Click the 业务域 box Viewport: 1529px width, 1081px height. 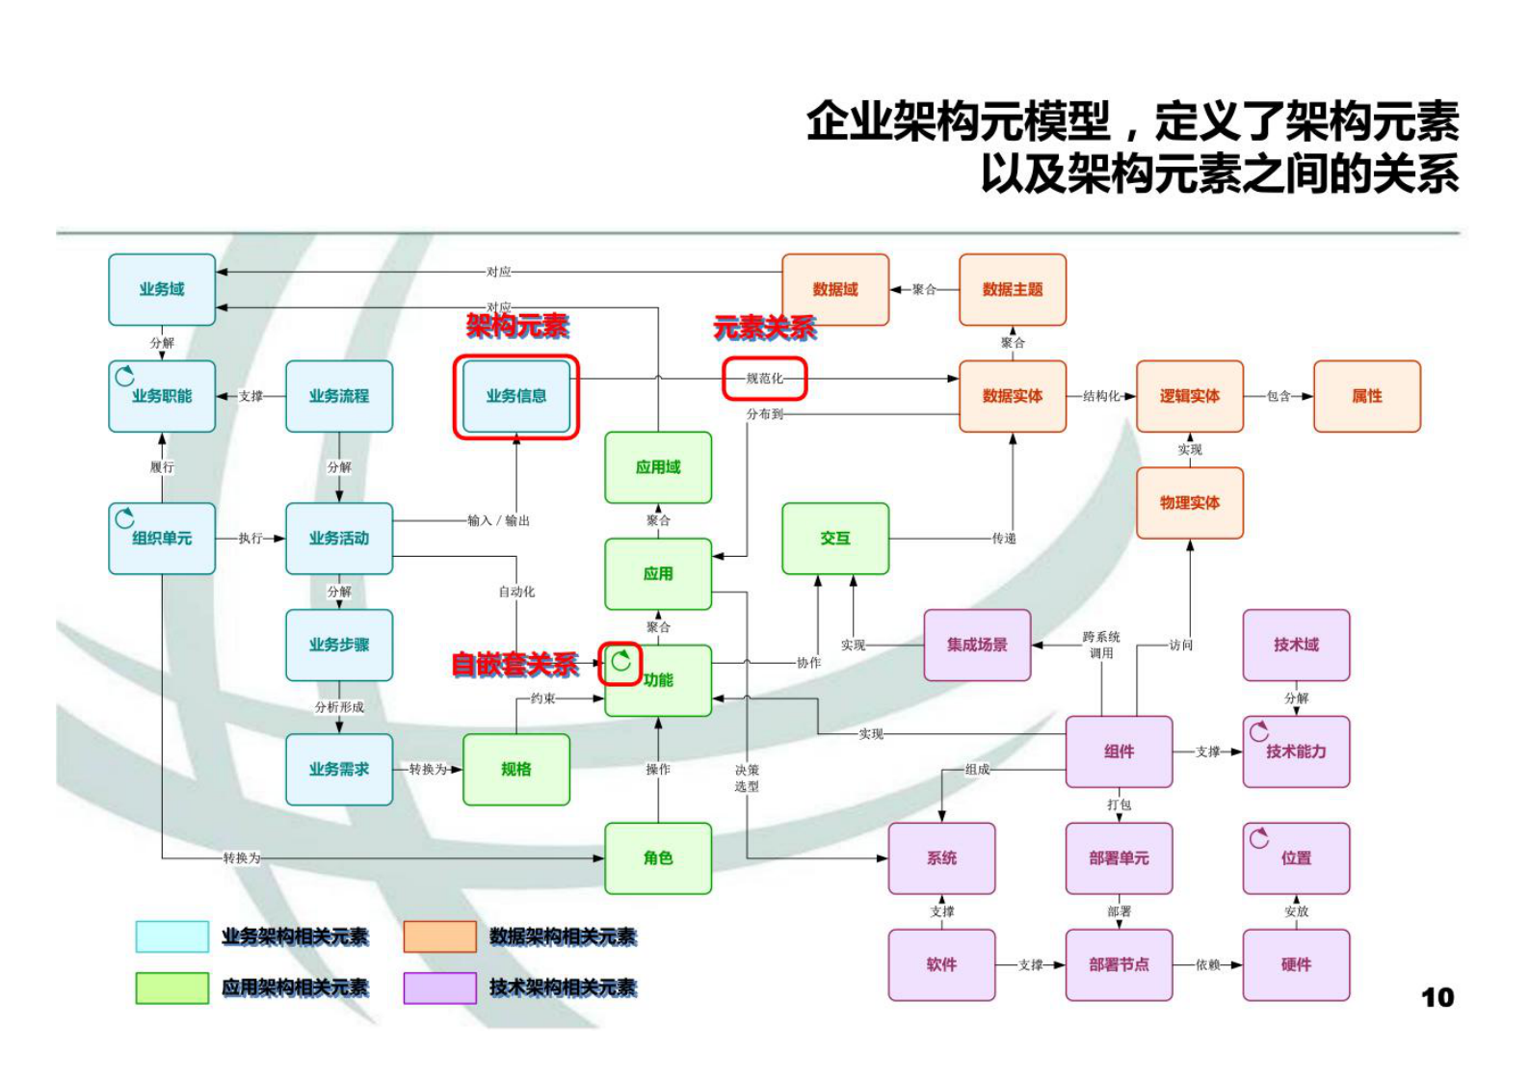coord(161,289)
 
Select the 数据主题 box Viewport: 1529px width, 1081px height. coord(1012,289)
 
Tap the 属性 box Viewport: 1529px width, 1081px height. coord(1366,396)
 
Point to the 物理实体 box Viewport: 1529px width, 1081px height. coord(1189,503)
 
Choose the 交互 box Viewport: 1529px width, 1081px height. coord(834,539)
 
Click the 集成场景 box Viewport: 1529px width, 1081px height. coord(976,645)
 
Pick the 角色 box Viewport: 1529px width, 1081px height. coord(657,857)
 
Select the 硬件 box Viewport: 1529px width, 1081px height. coord(1295,964)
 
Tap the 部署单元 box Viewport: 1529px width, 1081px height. coord(1118,857)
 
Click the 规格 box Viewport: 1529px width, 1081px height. coord(515,769)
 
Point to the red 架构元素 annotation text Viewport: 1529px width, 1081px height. coord(517,326)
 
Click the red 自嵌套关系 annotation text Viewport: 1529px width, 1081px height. coord(514,664)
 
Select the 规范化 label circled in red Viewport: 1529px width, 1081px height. coord(764,379)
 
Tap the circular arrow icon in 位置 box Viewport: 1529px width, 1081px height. coord(1259,838)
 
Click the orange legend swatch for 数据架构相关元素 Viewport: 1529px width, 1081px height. coord(439,936)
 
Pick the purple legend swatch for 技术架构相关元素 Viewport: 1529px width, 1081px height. coord(439,988)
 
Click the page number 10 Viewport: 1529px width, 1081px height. coord(1437,998)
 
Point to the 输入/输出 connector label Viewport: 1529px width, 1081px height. coord(498,520)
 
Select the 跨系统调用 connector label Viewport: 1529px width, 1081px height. coord(1100,645)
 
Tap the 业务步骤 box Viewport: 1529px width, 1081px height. coord(338,645)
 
